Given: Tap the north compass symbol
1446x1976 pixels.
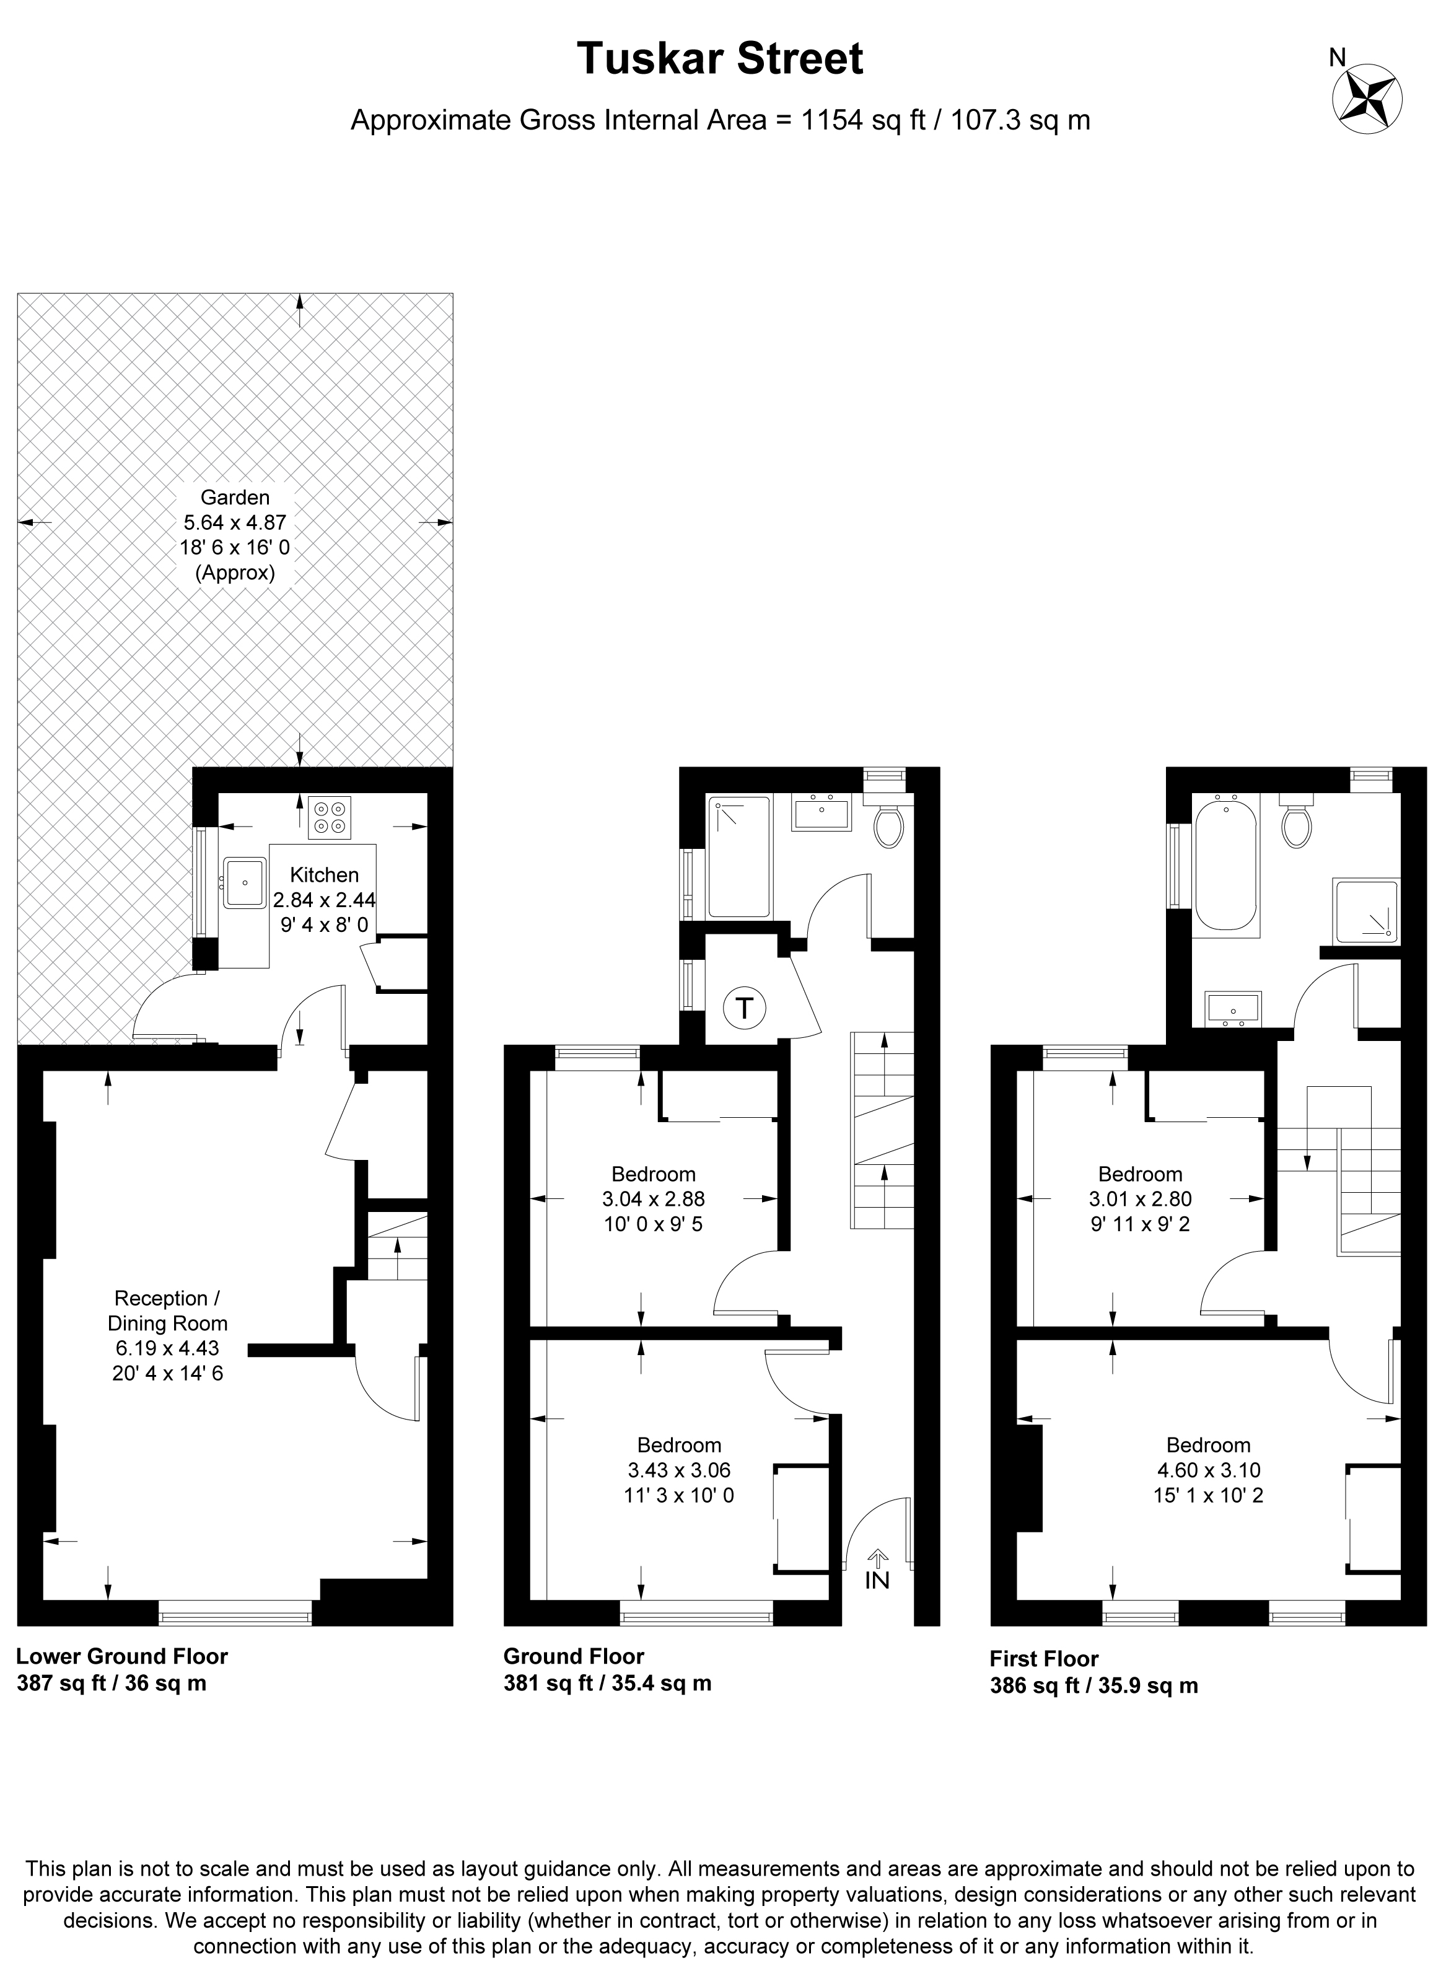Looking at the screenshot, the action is pos(1367,99).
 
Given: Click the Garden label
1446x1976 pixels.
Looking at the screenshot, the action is pos(235,498).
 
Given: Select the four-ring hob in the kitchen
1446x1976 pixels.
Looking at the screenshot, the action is pos(329,816).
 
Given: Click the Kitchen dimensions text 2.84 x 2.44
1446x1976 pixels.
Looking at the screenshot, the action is pos(325,899).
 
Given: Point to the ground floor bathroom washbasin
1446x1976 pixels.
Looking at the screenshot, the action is pos(822,810).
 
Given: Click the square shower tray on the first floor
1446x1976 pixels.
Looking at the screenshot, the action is pos(1366,911).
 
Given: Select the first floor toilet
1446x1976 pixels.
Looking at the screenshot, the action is pos(1295,820).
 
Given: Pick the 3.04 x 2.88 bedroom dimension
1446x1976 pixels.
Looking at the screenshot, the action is pos(653,1198).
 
